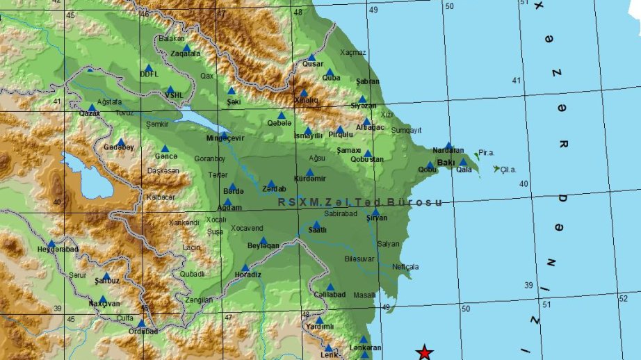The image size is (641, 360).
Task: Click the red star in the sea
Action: click(424, 352)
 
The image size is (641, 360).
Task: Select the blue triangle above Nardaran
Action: click(448, 145)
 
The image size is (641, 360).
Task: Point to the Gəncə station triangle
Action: click(165, 148)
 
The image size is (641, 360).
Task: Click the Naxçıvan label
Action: click(104, 304)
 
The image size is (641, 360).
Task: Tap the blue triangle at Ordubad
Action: click(141, 323)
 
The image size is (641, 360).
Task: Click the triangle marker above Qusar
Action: click(311, 58)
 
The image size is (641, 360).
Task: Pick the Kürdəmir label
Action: click(310, 178)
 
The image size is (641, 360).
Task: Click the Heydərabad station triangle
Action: click(51, 243)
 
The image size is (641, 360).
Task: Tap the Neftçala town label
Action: click(405, 266)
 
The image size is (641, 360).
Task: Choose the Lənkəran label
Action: click(366, 347)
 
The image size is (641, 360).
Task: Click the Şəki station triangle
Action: click(232, 91)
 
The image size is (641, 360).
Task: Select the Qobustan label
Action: click(366, 159)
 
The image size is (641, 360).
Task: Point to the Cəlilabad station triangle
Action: click(330, 287)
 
